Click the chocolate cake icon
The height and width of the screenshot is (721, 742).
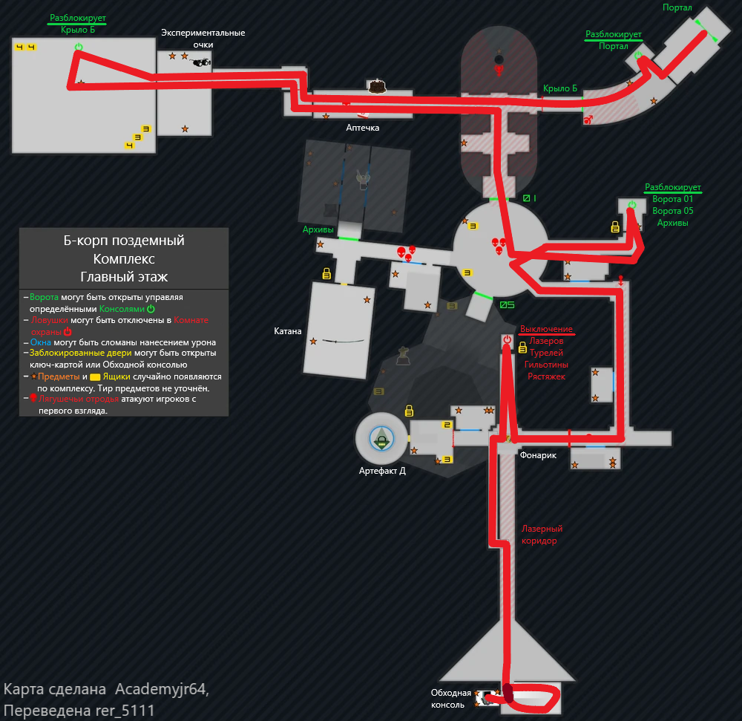point(378,86)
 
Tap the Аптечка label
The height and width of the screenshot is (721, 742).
point(363,128)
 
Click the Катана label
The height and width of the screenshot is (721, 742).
point(288,331)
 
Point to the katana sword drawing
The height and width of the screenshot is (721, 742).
point(343,341)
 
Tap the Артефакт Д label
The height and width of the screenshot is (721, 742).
point(382,470)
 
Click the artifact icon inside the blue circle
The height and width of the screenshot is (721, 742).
point(382,442)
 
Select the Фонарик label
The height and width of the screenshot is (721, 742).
point(538,455)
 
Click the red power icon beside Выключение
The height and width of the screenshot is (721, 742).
point(507,339)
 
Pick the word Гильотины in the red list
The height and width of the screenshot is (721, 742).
point(546,365)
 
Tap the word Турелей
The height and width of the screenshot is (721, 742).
point(546,353)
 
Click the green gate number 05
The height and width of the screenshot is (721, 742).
point(507,304)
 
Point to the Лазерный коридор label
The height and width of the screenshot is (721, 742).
point(542,535)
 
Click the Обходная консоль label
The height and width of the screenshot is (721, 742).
point(451,699)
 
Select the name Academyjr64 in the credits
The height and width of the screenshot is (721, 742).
point(162,689)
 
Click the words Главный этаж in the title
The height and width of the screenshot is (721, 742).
point(124,277)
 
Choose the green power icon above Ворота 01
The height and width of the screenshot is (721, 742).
point(631,205)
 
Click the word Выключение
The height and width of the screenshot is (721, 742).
point(546,329)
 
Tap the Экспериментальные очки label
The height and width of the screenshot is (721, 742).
point(203,39)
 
